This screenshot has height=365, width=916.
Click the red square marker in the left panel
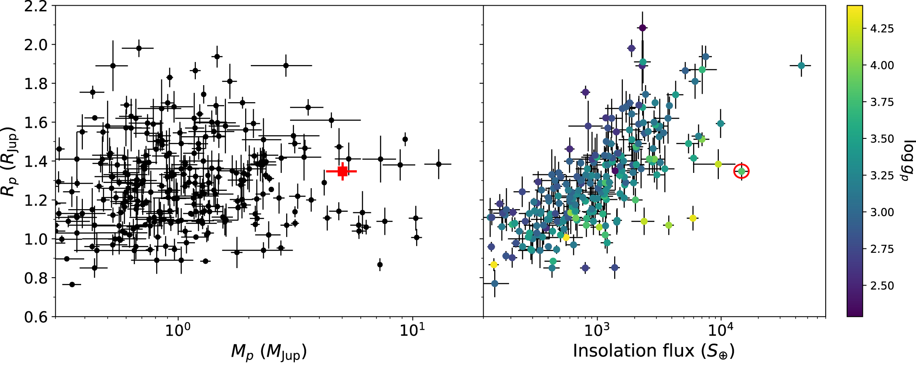coord(342,171)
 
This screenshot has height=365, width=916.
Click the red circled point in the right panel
coord(741,172)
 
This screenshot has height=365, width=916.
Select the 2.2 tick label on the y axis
coord(36,7)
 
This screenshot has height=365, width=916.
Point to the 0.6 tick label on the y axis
coord(36,317)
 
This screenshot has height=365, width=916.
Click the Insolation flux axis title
coord(653,351)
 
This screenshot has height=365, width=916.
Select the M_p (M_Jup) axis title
coord(269,351)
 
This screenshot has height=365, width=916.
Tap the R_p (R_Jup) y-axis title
coord(10,162)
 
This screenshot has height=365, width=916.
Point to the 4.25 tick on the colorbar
coord(882,29)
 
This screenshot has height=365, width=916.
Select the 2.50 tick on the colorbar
coord(882,286)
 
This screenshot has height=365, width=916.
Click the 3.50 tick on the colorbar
coord(882,139)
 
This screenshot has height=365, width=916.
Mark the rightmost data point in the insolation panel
coord(801,65)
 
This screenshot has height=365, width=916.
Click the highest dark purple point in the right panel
coord(642,28)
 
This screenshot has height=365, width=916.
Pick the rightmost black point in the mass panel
coord(438,164)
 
